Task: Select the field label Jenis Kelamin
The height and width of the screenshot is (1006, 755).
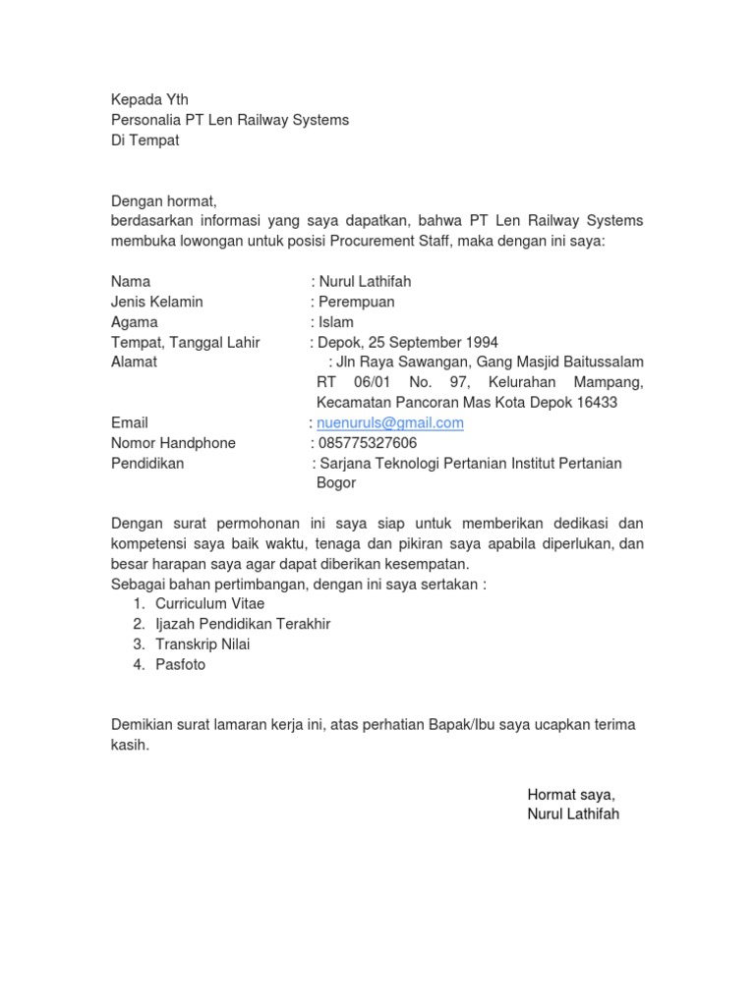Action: (x=157, y=302)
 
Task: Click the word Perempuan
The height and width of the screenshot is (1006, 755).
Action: (x=356, y=302)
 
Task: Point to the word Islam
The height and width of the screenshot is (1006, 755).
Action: (x=335, y=322)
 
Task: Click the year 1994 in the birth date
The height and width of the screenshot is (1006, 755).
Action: (x=481, y=343)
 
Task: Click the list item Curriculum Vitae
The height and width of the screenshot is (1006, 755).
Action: (x=209, y=604)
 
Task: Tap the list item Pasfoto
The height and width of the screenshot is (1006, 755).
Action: (x=181, y=665)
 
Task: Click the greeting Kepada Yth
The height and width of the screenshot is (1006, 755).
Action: (x=148, y=100)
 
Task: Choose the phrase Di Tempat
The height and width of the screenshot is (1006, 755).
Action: (x=145, y=140)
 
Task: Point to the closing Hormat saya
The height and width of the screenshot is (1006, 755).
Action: (x=571, y=795)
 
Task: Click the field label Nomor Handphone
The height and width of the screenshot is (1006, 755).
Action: (x=173, y=443)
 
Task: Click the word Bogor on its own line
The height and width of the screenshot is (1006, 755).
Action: (x=336, y=483)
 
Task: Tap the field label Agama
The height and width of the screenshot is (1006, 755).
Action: (x=134, y=322)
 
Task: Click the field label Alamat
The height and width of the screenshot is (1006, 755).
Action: (x=134, y=363)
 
